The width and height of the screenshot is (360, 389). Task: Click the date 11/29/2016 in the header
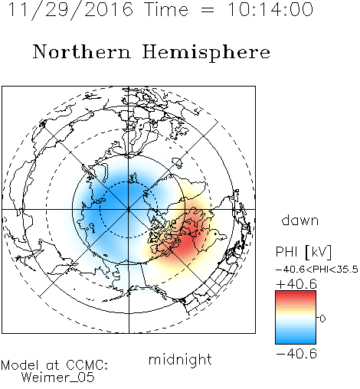click(x=70, y=10)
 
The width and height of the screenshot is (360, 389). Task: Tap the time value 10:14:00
click(x=270, y=10)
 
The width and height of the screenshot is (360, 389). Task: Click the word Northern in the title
click(x=82, y=52)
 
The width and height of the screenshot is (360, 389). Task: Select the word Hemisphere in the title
click(x=206, y=53)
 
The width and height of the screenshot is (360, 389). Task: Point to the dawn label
click(x=300, y=221)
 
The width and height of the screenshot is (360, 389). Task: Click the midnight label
click(x=180, y=359)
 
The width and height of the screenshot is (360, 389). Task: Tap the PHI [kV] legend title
click(x=303, y=252)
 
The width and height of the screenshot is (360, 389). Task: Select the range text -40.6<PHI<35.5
click(x=317, y=270)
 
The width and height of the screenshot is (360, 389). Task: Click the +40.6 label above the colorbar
click(x=296, y=284)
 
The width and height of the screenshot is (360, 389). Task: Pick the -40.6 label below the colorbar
click(x=296, y=354)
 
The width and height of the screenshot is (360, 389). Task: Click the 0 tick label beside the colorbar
click(x=322, y=319)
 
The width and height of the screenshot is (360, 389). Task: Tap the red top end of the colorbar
click(x=296, y=293)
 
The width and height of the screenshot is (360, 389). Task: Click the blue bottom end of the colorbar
click(x=296, y=342)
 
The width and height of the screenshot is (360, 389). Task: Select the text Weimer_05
click(x=58, y=377)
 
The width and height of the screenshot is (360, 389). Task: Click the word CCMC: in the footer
click(x=87, y=365)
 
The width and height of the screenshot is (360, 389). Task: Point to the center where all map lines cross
click(x=129, y=210)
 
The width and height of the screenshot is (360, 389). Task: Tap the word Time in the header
click(x=166, y=10)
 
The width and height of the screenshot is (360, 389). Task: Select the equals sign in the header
click(x=208, y=10)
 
